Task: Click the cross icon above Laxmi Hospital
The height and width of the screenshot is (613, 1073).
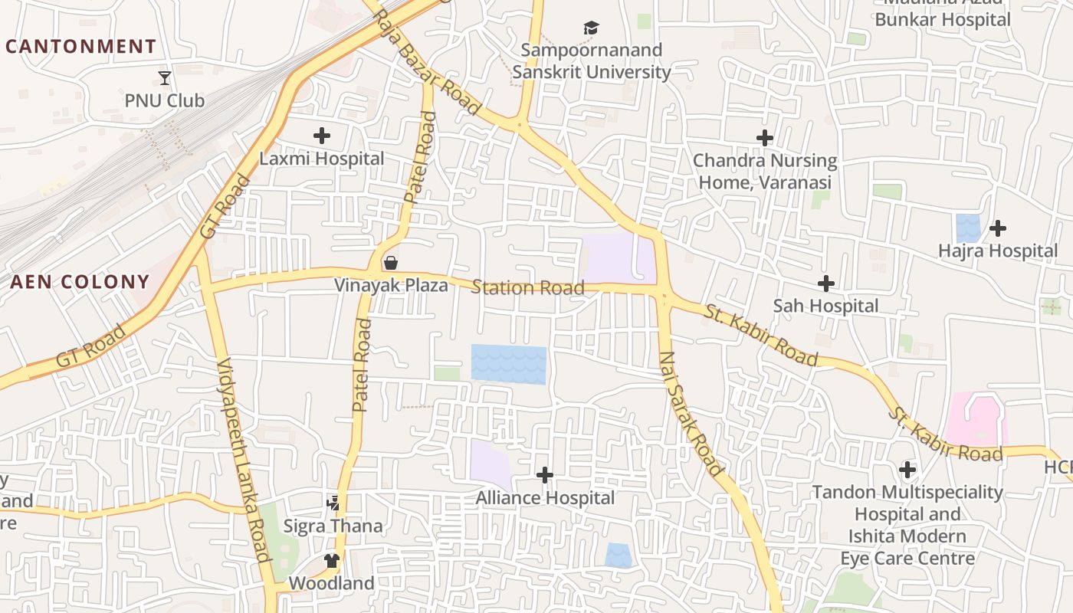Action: (x=322, y=136)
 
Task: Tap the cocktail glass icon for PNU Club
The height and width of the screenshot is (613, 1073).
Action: (x=165, y=77)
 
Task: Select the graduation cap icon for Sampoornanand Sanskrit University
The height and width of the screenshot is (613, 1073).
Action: (x=591, y=28)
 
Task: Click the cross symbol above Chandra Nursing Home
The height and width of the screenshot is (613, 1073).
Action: (x=765, y=138)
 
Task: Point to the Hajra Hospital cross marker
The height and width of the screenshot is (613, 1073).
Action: (x=998, y=228)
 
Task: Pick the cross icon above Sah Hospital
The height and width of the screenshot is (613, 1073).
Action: (x=825, y=284)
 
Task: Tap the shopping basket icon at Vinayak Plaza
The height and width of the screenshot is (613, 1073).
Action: (x=391, y=263)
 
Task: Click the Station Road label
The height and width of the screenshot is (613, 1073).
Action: (x=527, y=288)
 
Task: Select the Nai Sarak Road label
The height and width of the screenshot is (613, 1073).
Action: (x=691, y=414)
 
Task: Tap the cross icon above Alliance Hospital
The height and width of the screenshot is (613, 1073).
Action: (x=545, y=475)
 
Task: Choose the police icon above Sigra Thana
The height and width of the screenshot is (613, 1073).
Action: (x=333, y=503)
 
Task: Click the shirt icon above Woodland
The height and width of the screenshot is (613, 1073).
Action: (x=332, y=561)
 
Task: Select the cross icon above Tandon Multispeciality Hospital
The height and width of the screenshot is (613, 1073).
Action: (x=907, y=469)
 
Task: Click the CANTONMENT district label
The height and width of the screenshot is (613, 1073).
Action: (x=80, y=47)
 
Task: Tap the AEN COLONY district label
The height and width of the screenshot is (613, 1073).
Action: (x=80, y=282)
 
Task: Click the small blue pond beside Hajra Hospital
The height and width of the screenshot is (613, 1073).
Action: (x=968, y=228)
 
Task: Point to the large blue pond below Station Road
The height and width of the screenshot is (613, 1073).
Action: (x=508, y=364)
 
